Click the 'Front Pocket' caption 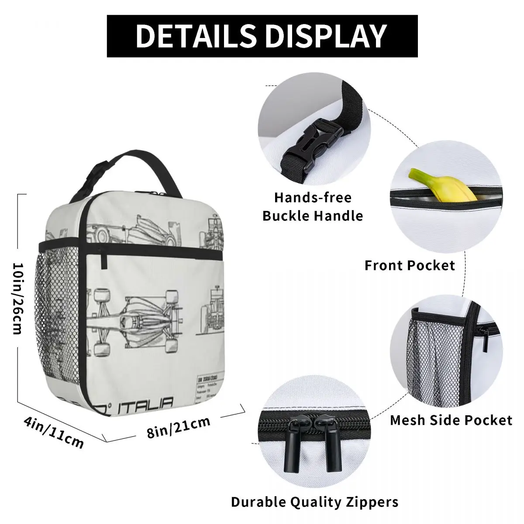pyautogui.click(x=410, y=265)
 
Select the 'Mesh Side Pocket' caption pyautogui.click(x=451, y=420)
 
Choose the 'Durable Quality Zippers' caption pyautogui.click(x=314, y=502)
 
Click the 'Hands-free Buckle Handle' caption pyautogui.click(x=313, y=206)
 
